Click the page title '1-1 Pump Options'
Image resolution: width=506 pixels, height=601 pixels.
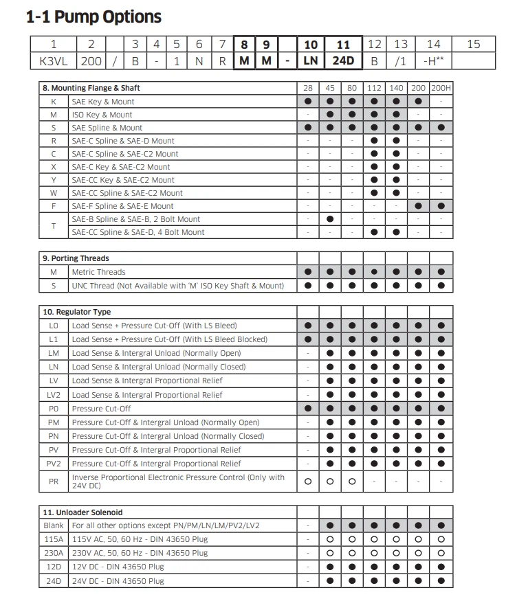tap(93, 17)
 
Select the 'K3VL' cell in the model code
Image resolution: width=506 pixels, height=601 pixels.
tap(53, 60)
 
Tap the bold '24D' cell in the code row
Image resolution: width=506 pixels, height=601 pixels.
tap(342, 60)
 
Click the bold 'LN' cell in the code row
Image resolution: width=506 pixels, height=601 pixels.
tap(310, 60)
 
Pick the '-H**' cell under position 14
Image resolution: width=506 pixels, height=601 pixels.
tap(434, 60)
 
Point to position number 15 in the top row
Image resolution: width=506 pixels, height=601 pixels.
tap(474, 44)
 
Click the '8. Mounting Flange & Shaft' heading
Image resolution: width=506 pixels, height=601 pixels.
tap(91, 88)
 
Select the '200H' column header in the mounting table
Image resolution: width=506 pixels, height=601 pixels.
tap(441, 88)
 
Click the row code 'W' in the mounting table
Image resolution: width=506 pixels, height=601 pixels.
tap(54, 193)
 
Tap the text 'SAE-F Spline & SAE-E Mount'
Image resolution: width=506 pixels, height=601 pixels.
tap(122, 206)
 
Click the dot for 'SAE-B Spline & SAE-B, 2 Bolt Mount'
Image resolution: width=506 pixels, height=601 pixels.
tap(330, 219)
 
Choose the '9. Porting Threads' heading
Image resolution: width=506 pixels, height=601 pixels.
tap(76, 258)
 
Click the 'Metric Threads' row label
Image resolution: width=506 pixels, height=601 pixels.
tap(98, 271)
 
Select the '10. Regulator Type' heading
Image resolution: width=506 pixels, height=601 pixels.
tap(76, 312)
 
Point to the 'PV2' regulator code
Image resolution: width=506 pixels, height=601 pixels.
tap(54, 464)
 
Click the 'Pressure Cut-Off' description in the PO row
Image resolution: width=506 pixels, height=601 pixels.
tap(101, 408)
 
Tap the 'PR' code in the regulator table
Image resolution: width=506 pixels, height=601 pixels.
tap(54, 481)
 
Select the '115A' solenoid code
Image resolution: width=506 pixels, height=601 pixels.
tap(54, 539)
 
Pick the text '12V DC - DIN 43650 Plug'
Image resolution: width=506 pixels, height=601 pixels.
tap(118, 567)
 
